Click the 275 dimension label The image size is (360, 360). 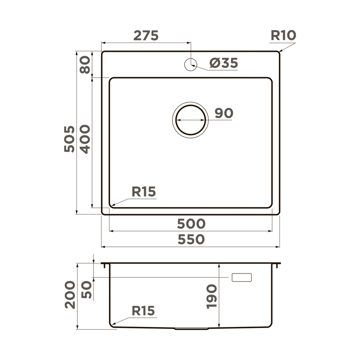pos(146,36)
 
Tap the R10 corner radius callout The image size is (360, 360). pos(283,36)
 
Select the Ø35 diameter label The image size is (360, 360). pos(224,63)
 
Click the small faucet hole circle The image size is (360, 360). pos(190,64)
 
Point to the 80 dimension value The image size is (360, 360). pos(85,65)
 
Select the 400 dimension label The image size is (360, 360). pos(85,139)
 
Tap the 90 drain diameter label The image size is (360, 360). pos(224,113)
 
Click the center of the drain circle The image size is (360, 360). pos(190,120)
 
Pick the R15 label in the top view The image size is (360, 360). pos(143,192)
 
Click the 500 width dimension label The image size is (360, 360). pos(191,224)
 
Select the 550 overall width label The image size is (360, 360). pos(191,239)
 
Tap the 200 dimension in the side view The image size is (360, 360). pos(70,294)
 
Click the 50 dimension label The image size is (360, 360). pos(86,289)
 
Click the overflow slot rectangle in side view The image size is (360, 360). pos(242,277)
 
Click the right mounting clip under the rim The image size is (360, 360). pos(278,266)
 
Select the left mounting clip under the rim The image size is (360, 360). pos(104,266)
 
